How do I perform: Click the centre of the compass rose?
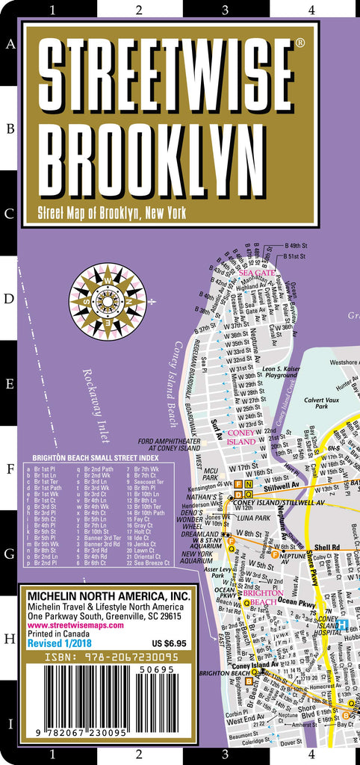(x=107, y=301)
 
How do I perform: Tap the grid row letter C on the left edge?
(x=10, y=214)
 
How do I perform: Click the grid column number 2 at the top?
(x=139, y=10)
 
